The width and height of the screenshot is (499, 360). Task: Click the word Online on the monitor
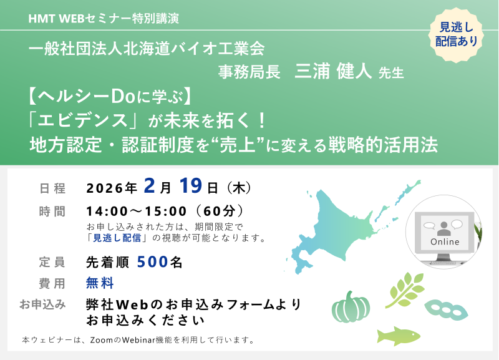(445, 241)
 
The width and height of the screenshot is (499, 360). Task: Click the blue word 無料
(100, 283)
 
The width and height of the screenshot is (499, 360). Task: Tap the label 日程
(52, 187)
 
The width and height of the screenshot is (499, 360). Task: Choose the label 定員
(52, 263)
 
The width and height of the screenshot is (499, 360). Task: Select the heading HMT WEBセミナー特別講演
(104, 18)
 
